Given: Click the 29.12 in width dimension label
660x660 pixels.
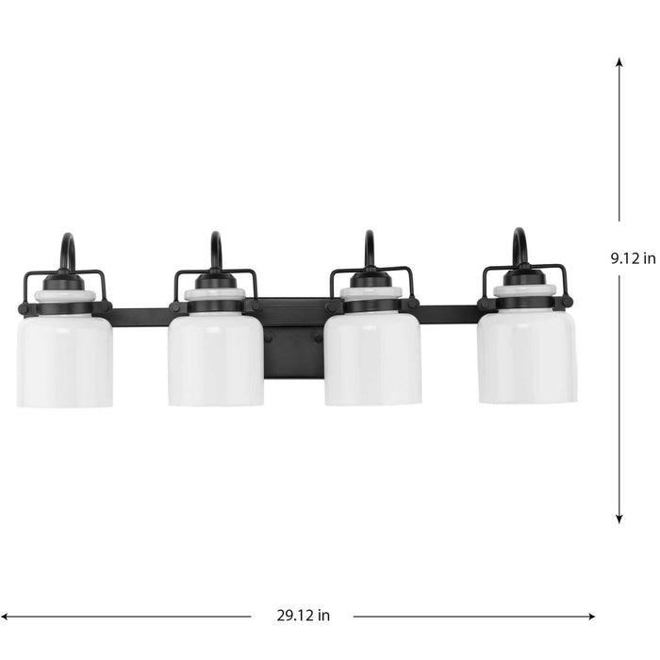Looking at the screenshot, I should pyautogui.click(x=303, y=617).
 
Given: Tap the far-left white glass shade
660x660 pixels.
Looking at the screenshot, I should pyautogui.click(x=64, y=360).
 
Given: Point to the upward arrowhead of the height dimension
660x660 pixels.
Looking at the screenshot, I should pyautogui.click(x=619, y=63).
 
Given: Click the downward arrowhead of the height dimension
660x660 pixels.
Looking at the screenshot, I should pyautogui.click(x=619, y=517).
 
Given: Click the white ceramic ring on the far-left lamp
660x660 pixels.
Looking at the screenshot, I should pyautogui.click(x=65, y=296).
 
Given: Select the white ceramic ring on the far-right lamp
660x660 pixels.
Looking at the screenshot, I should pyautogui.click(x=524, y=290).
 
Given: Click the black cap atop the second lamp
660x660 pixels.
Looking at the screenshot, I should pyautogui.click(x=216, y=281).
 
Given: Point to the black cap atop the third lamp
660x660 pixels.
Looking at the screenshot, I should pyautogui.click(x=371, y=280).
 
